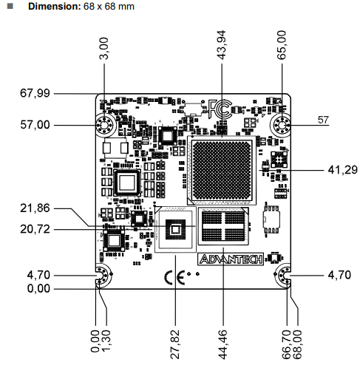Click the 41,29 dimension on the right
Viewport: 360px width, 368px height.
pos(342,170)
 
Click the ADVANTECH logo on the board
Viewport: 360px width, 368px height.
pos(230,259)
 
